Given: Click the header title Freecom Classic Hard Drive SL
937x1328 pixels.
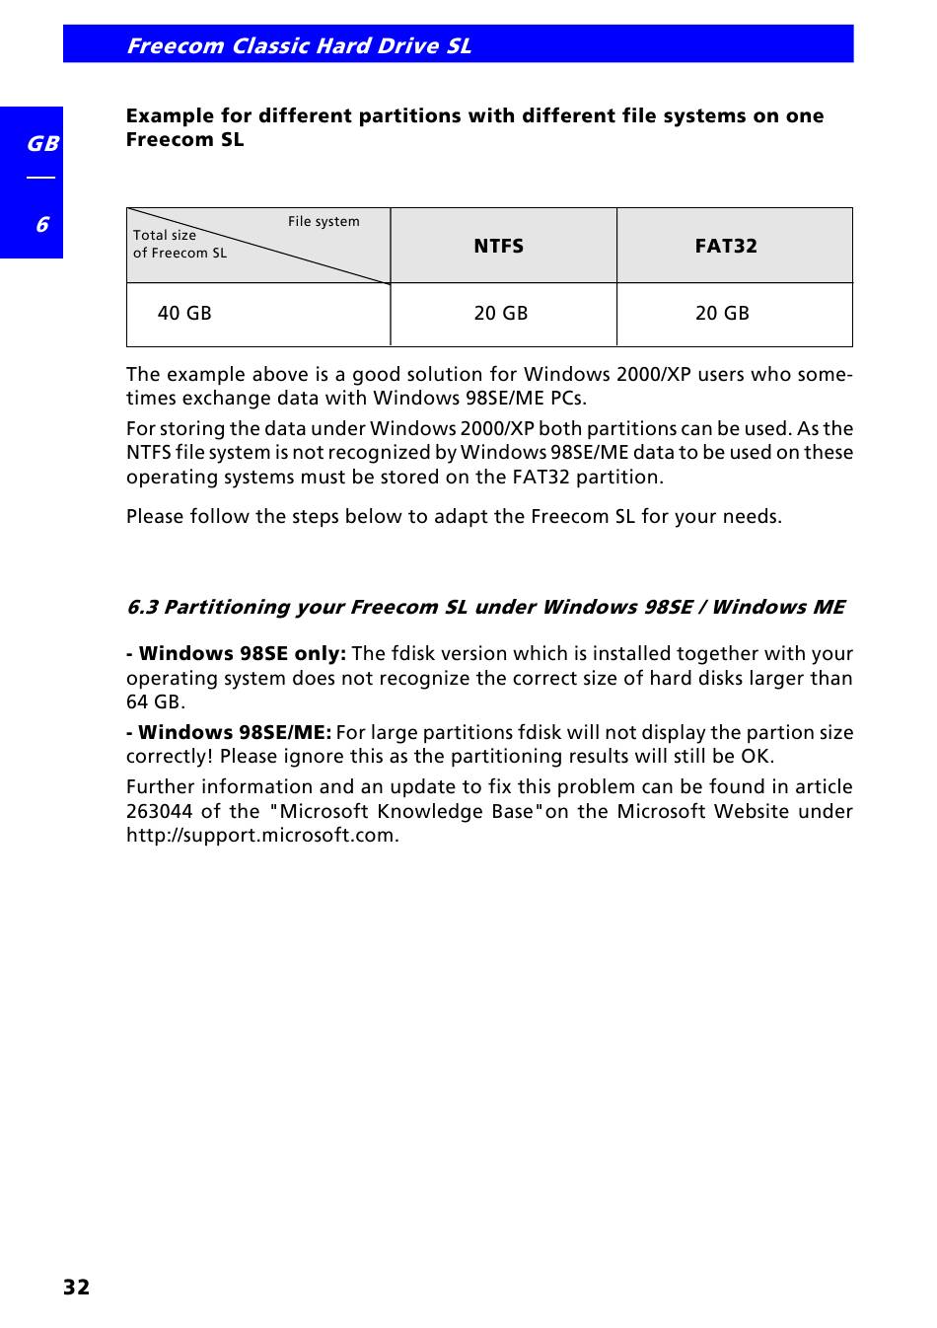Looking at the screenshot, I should point(298,45).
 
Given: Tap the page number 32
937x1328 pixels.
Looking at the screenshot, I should point(76,1287).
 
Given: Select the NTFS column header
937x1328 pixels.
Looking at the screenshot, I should point(498,246).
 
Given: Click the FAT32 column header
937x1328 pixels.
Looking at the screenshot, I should point(726,246).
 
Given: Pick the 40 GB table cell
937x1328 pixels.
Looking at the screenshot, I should point(184,314).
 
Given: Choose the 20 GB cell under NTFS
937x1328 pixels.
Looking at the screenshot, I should point(500,314).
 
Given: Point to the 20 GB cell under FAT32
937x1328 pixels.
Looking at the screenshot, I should point(722,314).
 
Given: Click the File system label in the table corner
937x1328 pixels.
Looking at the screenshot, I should point(324,221).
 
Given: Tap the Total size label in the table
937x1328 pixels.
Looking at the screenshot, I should point(165,235).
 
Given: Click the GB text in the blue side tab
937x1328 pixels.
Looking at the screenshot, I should point(41,144).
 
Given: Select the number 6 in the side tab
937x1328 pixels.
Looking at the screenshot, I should point(41,225).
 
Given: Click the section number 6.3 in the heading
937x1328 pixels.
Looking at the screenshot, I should point(142,607).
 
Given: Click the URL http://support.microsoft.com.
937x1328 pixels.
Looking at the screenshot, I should point(262,836).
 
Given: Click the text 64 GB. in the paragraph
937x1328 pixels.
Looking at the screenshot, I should point(155,702).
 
